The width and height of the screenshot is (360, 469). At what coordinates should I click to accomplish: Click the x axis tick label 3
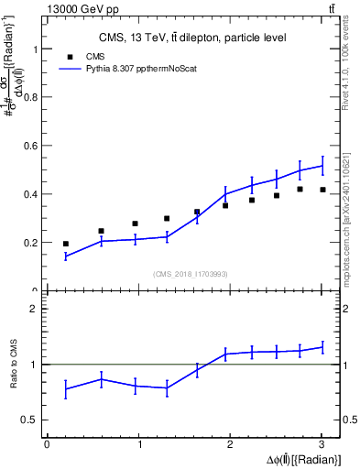coord(322,444)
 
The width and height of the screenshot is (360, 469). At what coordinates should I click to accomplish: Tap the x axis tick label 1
coord(139,444)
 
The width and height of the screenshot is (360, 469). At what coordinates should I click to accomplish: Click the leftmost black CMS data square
coord(66,244)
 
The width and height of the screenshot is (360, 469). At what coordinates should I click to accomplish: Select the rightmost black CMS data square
coord(322,190)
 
